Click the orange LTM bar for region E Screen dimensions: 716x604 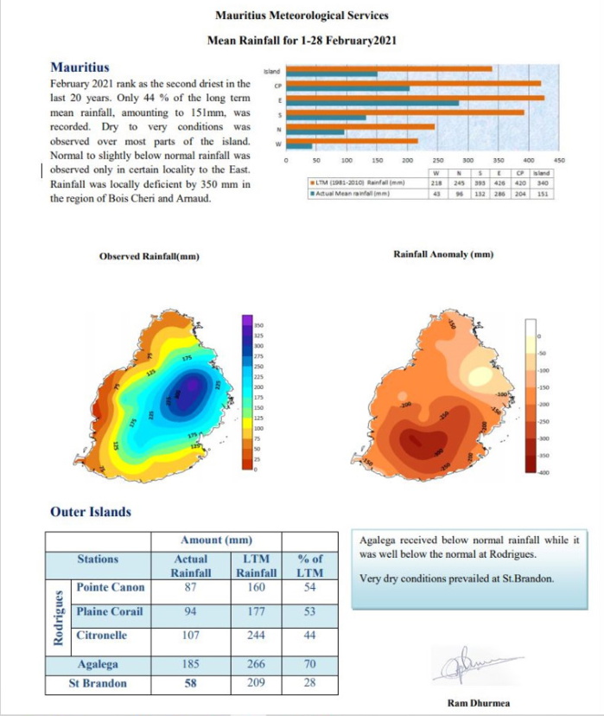coord(415,98)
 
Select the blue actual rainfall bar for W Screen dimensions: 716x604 coord(299,146)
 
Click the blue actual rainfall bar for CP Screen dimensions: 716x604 coord(347,88)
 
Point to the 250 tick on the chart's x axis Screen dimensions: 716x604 coord(437,161)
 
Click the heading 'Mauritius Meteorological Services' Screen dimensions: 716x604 coord(301,16)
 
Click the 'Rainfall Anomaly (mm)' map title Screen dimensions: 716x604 coord(443,254)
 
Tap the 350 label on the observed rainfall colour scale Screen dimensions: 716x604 coord(257,324)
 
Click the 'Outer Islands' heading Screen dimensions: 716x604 coord(91,511)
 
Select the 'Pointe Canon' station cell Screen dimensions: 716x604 coord(111,587)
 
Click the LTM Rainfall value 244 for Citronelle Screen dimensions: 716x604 coord(256,635)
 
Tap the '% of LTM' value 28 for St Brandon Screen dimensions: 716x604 coord(309,682)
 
